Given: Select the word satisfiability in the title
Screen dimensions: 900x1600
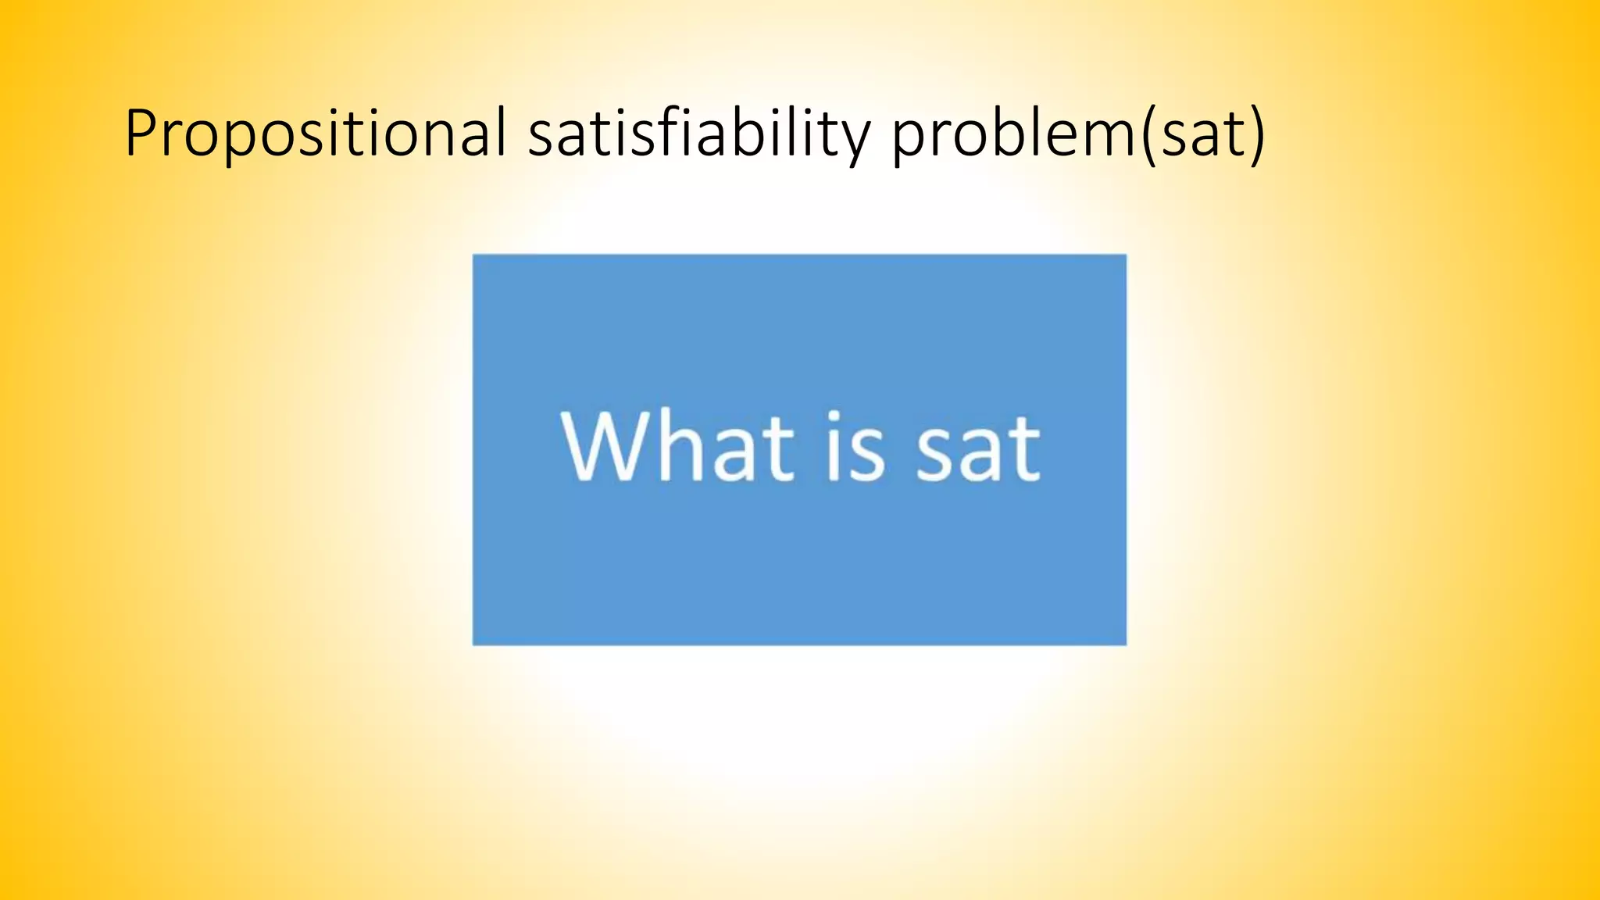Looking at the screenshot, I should pyautogui.click(x=699, y=134).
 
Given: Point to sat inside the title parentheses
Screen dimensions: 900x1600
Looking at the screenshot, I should pyautogui.click(x=1204, y=134).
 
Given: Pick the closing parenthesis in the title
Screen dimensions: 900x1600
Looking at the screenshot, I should pyautogui.click(x=1255, y=134).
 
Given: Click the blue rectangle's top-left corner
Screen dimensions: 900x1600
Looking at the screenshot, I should pyautogui.click(x=473, y=255).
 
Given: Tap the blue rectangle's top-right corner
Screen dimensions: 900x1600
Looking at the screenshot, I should pyautogui.click(x=1126, y=255).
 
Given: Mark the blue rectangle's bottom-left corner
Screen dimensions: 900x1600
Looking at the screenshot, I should pyautogui.click(x=473, y=645).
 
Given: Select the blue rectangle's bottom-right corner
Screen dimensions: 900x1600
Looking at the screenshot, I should pyautogui.click(x=1126, y=645).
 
